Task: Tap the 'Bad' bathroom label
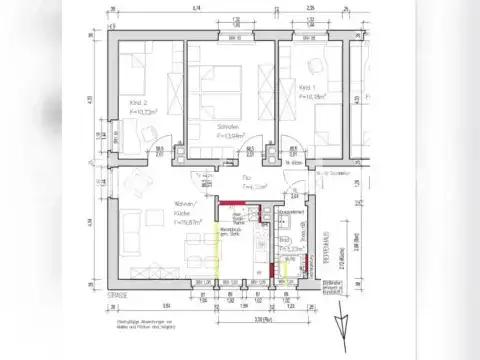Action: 286,240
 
